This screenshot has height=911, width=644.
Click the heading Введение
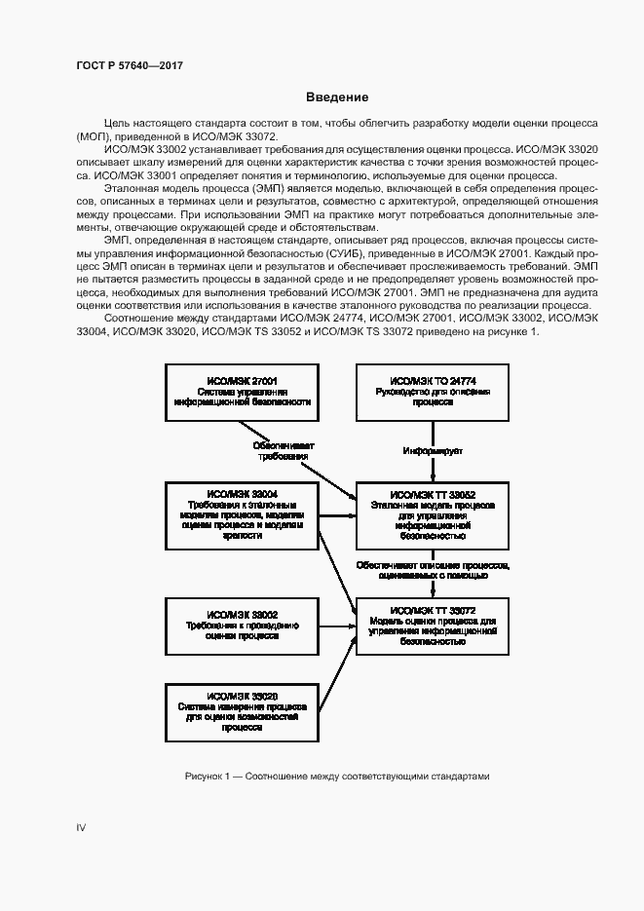[x=337, y=97]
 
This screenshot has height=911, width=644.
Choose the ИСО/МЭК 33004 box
[x=243, y=514]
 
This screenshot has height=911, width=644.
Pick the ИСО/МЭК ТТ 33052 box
[x=433, y=514]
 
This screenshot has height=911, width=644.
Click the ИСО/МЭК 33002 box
[x=243, y=625]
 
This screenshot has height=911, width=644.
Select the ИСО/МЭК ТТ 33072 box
[x=433, y=625]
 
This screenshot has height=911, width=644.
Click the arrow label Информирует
[x=433, y=451]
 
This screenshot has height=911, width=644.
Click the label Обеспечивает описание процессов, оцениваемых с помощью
[x=433, y=570]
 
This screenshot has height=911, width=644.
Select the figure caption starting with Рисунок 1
[x=336, y=776]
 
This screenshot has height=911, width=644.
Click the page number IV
[x=82, y=827]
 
